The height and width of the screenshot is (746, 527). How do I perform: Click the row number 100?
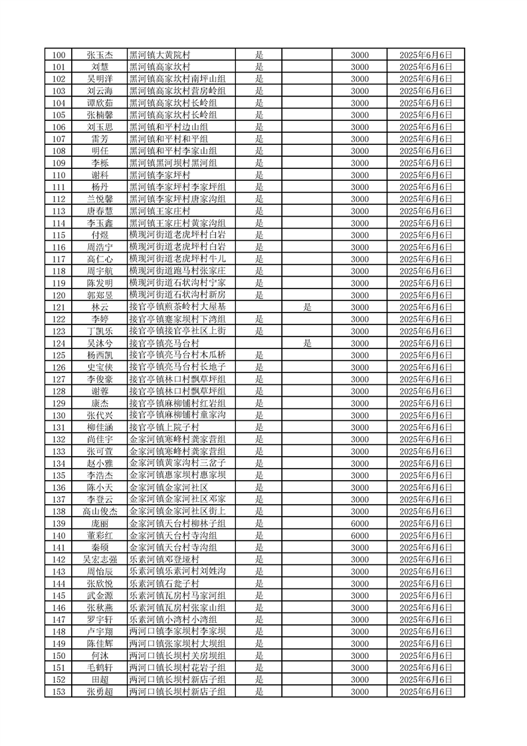pos(59,55)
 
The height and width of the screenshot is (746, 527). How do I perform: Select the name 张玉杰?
pos(100,55)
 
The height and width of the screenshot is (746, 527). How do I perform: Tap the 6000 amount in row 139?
pos(360,524)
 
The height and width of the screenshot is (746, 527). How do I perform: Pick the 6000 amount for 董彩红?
pos(360,536)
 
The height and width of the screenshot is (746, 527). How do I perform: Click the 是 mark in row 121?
pos(307,307)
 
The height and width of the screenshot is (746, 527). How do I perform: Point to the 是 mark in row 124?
pos(307,343)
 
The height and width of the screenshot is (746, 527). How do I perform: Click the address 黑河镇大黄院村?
pos(159,55)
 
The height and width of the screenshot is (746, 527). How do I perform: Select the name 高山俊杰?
pos(100,511)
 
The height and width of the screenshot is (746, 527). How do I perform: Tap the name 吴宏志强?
pos(100,560)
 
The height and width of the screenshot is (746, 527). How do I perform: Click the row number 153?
pos(59,692)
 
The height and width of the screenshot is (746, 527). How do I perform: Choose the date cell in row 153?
pos(426,692)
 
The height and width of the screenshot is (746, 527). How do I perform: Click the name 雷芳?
pos(100,139)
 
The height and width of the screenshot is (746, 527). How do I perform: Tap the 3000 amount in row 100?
pos(360,55)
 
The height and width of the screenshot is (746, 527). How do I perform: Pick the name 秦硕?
pos(100,548)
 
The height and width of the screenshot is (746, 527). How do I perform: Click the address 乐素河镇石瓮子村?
pos(163,584)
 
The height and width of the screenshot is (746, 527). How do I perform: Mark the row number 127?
pos(59,379)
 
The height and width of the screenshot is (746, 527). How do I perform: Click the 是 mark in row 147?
pos(259,620)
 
